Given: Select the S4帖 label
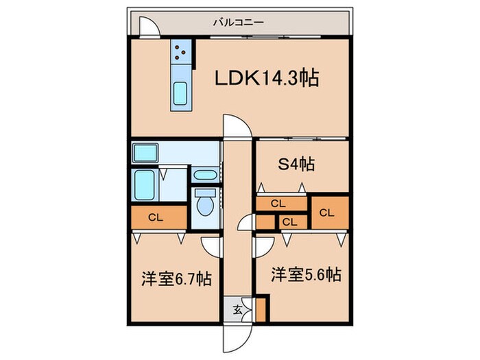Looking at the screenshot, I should point(296,165).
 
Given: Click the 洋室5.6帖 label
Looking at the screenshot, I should point(306,276).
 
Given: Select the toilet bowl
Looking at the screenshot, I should point(205,205).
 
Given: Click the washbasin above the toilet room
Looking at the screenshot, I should point(205,175).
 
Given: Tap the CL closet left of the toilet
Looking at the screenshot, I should point(157,218).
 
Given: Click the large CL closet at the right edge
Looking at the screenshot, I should point(326,212).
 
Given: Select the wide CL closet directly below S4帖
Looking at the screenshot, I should point(278,203).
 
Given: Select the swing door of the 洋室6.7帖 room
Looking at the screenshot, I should point(211,245).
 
